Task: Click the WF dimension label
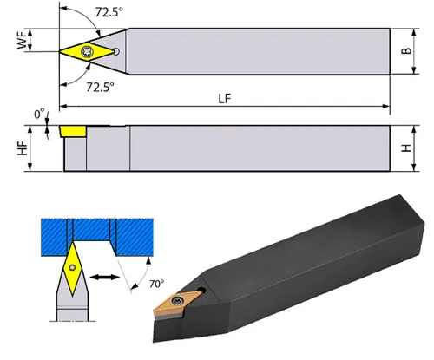pos(23,40)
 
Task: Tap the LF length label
pos(225,99)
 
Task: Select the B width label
pos(406,50)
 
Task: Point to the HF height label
pos(23,148)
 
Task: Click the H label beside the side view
pos(407,148)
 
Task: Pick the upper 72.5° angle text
pos(108,12)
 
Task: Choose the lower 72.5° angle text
pos(101,87)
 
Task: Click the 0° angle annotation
pos(39,115)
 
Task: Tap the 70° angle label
pos(156,284)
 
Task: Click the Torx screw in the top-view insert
pos(87,51)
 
